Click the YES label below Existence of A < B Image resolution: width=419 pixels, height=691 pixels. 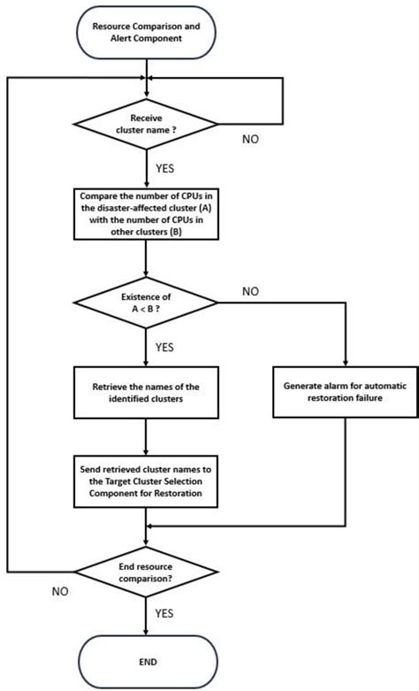164,349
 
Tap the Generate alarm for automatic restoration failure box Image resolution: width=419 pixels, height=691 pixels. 343,392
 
